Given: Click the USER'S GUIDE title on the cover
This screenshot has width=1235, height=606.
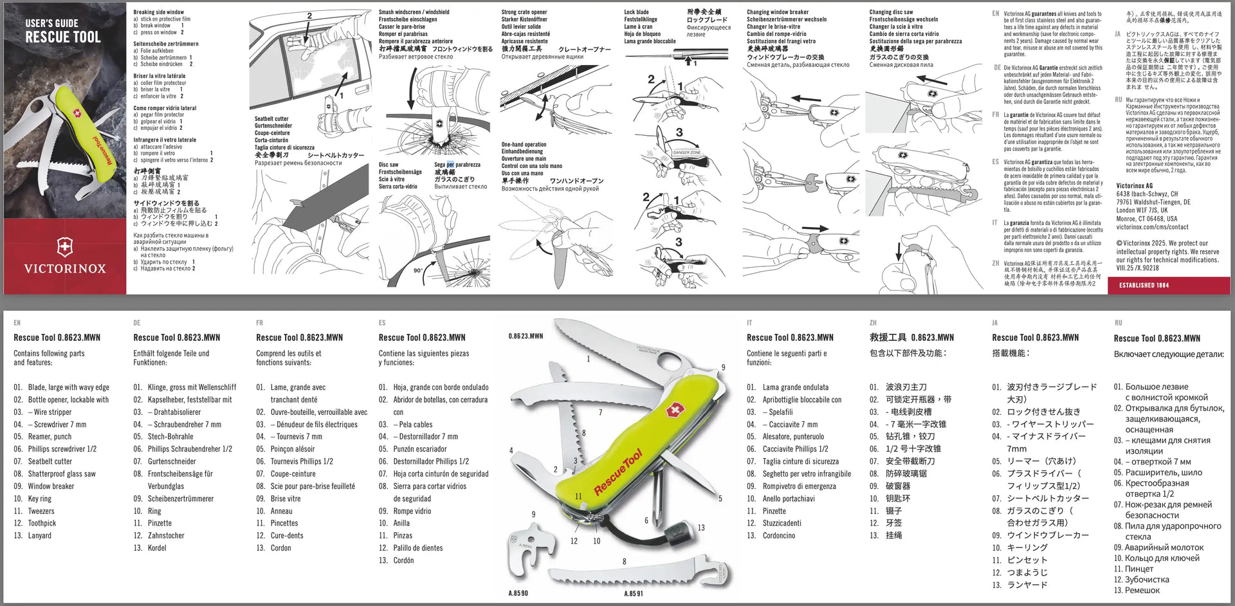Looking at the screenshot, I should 51,23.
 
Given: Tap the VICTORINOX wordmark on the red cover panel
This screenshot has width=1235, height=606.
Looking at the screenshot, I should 65,268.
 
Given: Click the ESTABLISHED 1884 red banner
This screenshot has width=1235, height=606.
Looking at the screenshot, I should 1144,285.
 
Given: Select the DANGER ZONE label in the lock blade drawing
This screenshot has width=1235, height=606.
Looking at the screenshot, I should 687,152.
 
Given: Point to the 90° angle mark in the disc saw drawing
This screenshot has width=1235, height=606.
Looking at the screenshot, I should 417,271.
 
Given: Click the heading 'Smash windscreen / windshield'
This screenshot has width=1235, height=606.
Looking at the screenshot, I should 414,12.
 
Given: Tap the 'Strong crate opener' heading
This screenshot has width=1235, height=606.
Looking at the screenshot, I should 524,12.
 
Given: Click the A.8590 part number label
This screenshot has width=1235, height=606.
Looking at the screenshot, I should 518,593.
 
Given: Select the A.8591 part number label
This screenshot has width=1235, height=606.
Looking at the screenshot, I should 633,593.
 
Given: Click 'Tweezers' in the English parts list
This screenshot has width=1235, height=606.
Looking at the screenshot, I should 41,511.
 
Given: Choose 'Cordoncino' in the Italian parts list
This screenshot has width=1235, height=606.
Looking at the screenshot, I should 778,535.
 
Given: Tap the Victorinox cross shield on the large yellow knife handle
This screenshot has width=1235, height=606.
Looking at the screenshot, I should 674,410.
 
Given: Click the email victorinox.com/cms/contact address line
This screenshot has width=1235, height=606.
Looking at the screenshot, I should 1152,227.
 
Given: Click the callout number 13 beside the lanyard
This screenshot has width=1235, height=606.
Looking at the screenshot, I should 701,528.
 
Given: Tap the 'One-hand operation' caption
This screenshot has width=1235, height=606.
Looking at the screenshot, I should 524,145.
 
